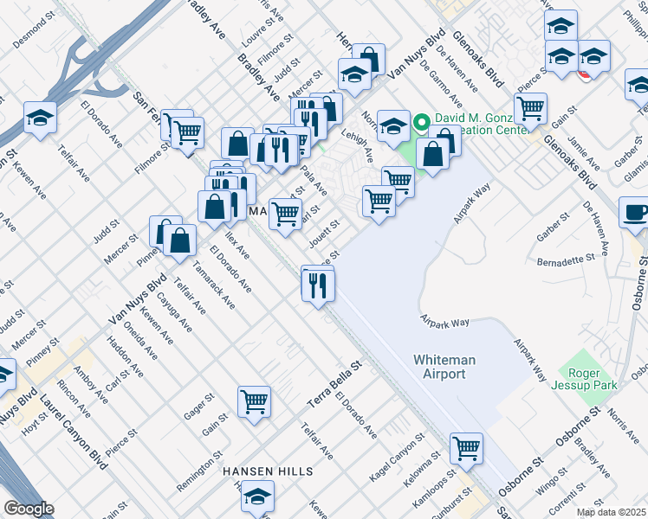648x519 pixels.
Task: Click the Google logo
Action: click(29, 509)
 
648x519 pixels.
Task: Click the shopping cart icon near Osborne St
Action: click(466, 448)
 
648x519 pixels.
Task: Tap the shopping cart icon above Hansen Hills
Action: click(254, 401)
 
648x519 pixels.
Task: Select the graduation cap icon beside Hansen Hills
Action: click(257, 498)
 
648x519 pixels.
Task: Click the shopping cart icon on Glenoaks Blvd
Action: click(530, 108)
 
